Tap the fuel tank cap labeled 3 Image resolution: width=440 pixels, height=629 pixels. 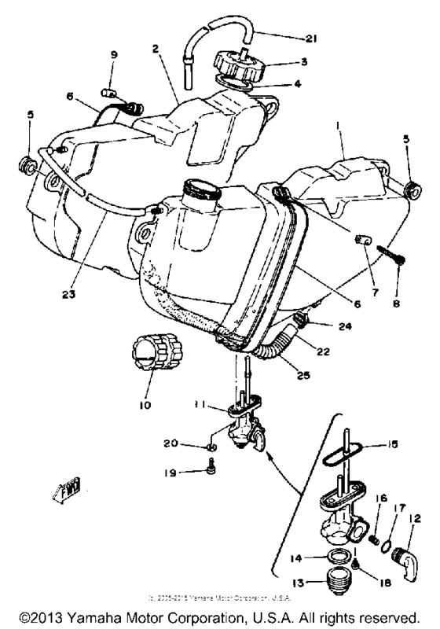point(240,61)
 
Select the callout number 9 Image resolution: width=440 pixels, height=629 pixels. point(113,55)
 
